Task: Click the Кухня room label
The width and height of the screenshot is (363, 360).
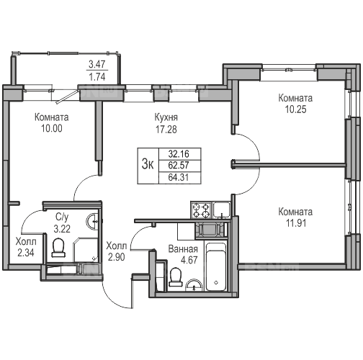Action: click(166, 118)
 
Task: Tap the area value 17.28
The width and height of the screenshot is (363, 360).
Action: click(166, 130)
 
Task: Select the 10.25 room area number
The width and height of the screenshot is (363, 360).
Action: click(295, 109)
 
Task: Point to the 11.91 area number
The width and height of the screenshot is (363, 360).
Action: click(296, 223)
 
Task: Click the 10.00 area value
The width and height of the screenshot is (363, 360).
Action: click(52, 128)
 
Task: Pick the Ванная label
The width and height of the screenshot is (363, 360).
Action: click(183, 249)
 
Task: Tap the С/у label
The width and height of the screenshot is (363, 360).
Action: click(62, 217)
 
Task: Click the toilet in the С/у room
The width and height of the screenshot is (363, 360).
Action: click(58, 248)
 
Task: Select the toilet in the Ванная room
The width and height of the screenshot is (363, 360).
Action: click(176, 277)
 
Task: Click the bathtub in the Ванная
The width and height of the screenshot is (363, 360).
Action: click(216, 267)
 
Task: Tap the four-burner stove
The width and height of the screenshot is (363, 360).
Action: click(201, 210)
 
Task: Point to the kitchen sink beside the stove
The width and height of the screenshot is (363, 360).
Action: click(222, 210)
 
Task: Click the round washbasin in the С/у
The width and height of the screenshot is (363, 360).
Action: click(91, 221)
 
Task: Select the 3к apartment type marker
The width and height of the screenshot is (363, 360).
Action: click(148, 165)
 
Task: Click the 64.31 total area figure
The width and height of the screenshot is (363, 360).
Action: click(179, 178)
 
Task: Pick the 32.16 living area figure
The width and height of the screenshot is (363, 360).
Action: click(179, 153)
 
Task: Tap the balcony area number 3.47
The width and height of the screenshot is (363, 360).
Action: click(97, 64)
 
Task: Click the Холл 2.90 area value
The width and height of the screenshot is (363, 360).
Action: click(117, 257)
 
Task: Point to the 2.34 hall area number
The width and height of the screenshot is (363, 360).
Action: click(26, 253)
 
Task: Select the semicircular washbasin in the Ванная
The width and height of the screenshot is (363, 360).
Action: click(194, 285)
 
